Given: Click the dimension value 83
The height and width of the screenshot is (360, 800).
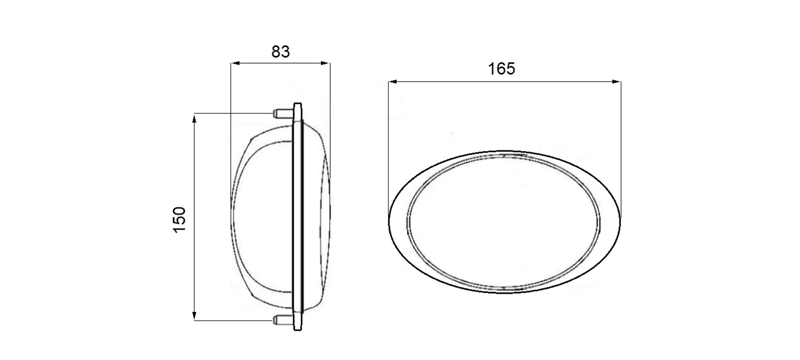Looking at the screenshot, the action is [x=280, y=52].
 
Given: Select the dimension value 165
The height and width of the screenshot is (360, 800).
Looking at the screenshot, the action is [x=502, y=69].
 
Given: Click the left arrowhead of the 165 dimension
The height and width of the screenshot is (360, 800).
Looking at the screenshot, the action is [x=393, y=82].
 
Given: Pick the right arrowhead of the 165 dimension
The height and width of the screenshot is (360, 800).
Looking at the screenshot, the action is [x=616, y=82].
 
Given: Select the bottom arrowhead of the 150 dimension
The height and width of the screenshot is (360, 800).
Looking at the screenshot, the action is [x=195, y=316].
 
